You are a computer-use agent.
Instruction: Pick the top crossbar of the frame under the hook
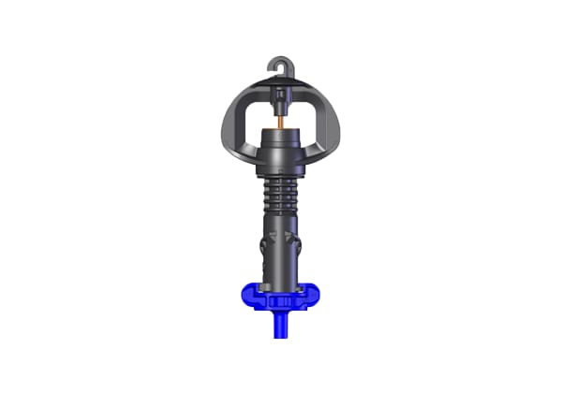[281, 88]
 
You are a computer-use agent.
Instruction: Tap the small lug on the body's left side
[259, 249]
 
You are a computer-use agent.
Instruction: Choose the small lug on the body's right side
[303, 249]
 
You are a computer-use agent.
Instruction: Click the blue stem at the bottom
[281, 327]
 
